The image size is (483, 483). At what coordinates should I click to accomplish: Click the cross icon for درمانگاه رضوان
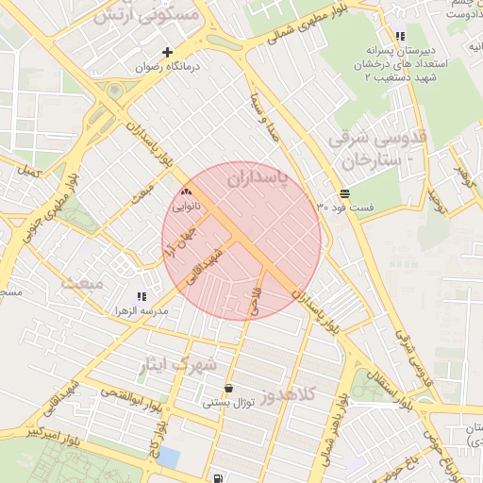168,53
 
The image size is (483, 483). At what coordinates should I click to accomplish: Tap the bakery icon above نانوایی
185,192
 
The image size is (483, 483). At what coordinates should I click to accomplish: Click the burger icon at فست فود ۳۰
332,192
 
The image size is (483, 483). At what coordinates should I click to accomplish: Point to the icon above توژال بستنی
229,388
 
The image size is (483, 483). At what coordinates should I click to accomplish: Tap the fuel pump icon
219,477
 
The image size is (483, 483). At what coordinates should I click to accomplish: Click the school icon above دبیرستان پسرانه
400,36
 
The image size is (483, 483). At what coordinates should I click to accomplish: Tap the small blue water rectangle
169,458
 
